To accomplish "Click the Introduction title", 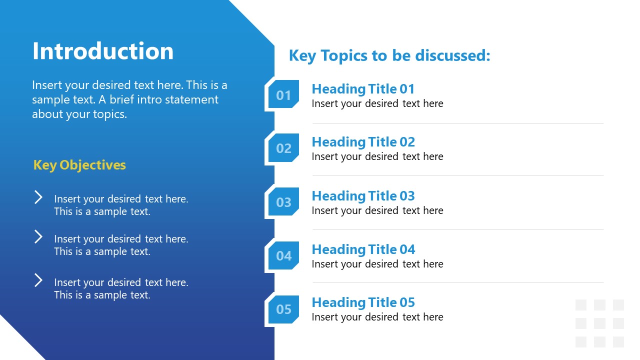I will coord(103,51).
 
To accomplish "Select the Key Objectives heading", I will coord(79,165).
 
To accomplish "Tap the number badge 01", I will coord(283,95).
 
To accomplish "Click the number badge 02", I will coord(283,148).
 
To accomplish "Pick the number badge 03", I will coord(283,202).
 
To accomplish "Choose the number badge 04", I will coord(283,256).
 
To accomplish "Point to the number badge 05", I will coord(283,309).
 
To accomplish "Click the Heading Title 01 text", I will coord(363,89).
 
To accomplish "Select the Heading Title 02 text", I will coord(363,142).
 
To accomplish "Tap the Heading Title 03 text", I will coord(363,196).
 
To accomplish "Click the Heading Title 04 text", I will coord(363,249).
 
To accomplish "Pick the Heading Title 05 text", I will coord(363,302).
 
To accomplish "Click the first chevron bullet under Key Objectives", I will coord(38,197).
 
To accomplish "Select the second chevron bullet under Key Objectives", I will coord(38,236).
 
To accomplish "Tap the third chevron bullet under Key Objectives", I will coord(38,280).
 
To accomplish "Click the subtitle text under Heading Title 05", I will coord(377,317).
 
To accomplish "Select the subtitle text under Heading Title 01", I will coord(377,103).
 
